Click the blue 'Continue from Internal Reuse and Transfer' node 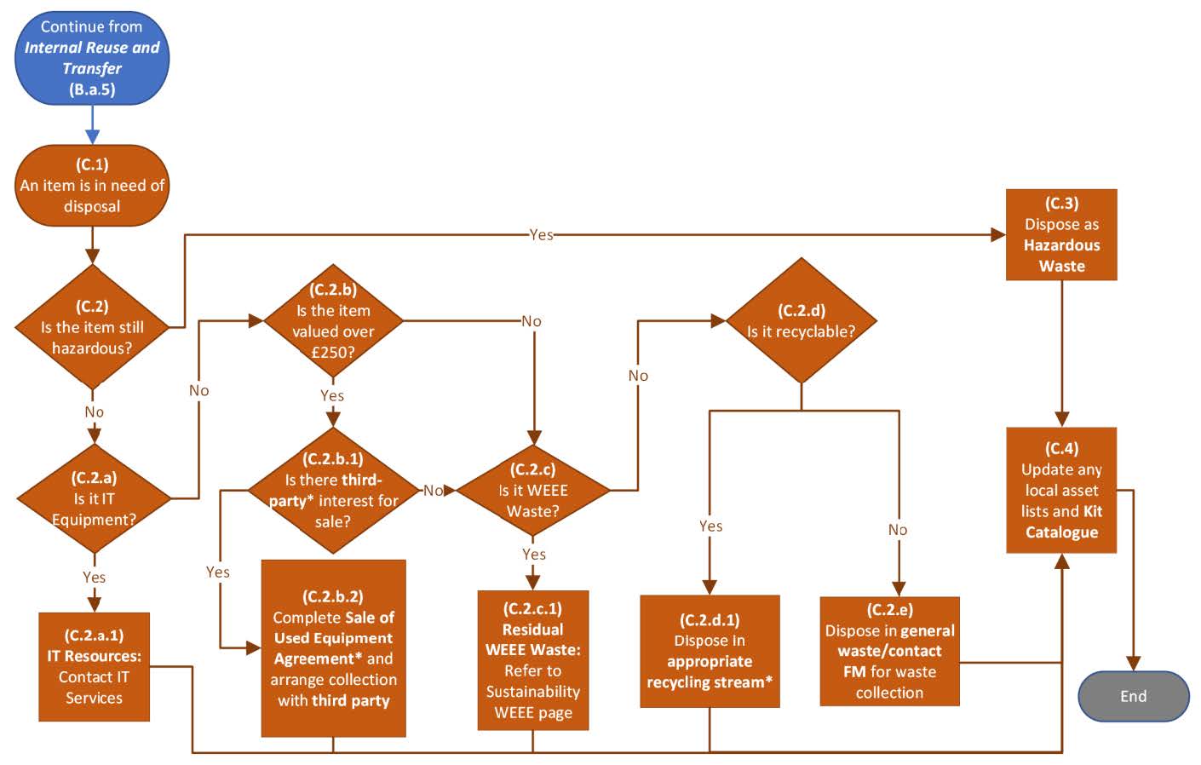(x=92, y=58)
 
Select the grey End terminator (x=1133, y=696)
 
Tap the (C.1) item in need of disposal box (x=92, y=186)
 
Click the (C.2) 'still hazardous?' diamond (x=92, y=327)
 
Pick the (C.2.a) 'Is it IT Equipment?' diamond (x=94, y=498)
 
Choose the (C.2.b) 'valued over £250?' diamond (x=333, y=322)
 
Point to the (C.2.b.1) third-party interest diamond (x=333, y=491)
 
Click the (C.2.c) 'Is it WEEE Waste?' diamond (x=533, y=491)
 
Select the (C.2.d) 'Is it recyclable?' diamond (x=801, y=321)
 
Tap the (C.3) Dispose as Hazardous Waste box (x=1061, y=235)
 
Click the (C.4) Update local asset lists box (x=1061, y=491)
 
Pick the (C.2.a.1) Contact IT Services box (x=94, y=667)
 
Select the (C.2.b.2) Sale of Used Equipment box (x=333, y=648)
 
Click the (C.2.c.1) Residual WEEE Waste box (x=533, y=660)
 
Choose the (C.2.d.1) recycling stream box (x=710, y=651)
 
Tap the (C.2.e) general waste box (x=889, y=652)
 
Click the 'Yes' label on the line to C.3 (x=541, y=234)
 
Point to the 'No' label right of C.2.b (x=532, y=321)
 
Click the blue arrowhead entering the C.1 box (x=92, y=136)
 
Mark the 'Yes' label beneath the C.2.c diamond (x=534, y=555)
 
